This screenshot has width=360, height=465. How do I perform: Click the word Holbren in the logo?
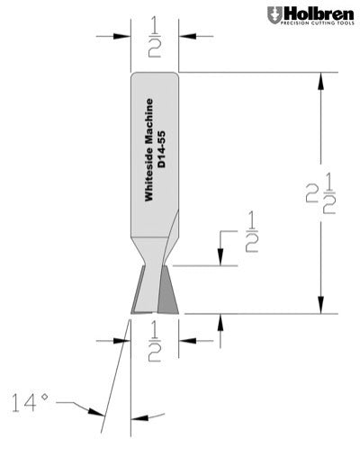tap(318, 14)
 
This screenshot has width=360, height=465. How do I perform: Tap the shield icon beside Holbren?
tap(274, 16)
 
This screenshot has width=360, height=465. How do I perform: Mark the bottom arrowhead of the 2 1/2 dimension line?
tap(319, 307)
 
